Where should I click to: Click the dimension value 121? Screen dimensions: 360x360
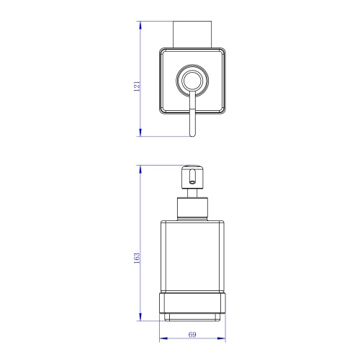[x=137, y=86]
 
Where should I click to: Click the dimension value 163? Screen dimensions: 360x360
[x=137, y=258]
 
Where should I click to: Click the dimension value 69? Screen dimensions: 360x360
[x=192, y=335]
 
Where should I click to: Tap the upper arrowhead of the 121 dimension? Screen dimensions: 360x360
[x=140, y=25]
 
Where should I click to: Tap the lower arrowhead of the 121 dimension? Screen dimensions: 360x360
[x=140, y=132]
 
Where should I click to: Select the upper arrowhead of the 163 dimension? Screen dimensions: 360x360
[x=140, y=169]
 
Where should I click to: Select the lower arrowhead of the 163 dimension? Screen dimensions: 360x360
[x=140, y=317]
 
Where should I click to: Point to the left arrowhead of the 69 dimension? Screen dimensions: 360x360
[x=163, y=338]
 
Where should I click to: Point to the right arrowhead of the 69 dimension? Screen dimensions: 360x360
[x=222, y=338]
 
